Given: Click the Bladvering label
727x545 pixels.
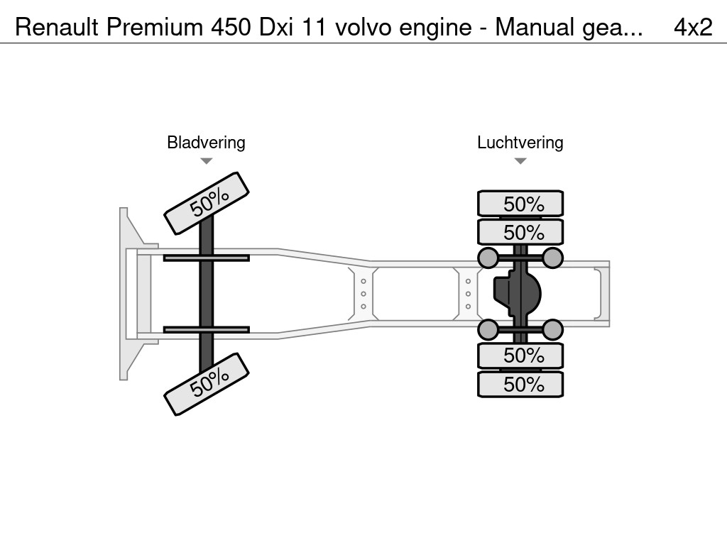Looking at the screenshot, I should coord(206,143).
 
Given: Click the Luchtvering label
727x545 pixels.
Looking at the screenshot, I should coord(520,143).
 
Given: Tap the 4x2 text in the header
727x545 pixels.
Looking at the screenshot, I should coord(692,27).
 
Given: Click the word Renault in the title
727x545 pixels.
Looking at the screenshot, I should coord(57,27).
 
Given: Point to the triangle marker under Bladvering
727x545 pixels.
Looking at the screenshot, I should coord(206,161).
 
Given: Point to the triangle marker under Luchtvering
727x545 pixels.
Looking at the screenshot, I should coord(520,161).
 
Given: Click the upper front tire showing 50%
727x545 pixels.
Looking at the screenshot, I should coord(207,203).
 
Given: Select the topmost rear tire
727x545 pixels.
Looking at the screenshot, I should coord(520,204).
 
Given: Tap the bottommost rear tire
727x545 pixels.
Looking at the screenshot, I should coord(520,385).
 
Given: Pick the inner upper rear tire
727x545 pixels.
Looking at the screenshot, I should coord(520,232).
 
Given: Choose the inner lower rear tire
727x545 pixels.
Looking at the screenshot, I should coord(520,355).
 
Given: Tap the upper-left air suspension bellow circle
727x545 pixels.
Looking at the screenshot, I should coord(488,257).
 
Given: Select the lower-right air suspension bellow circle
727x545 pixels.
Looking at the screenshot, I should coord(552,329).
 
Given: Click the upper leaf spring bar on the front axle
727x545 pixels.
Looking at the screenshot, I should coord(206,258).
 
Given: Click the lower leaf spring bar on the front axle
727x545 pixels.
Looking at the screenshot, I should coord(206,329).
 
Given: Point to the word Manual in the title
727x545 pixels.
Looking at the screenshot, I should coord(534,27).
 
